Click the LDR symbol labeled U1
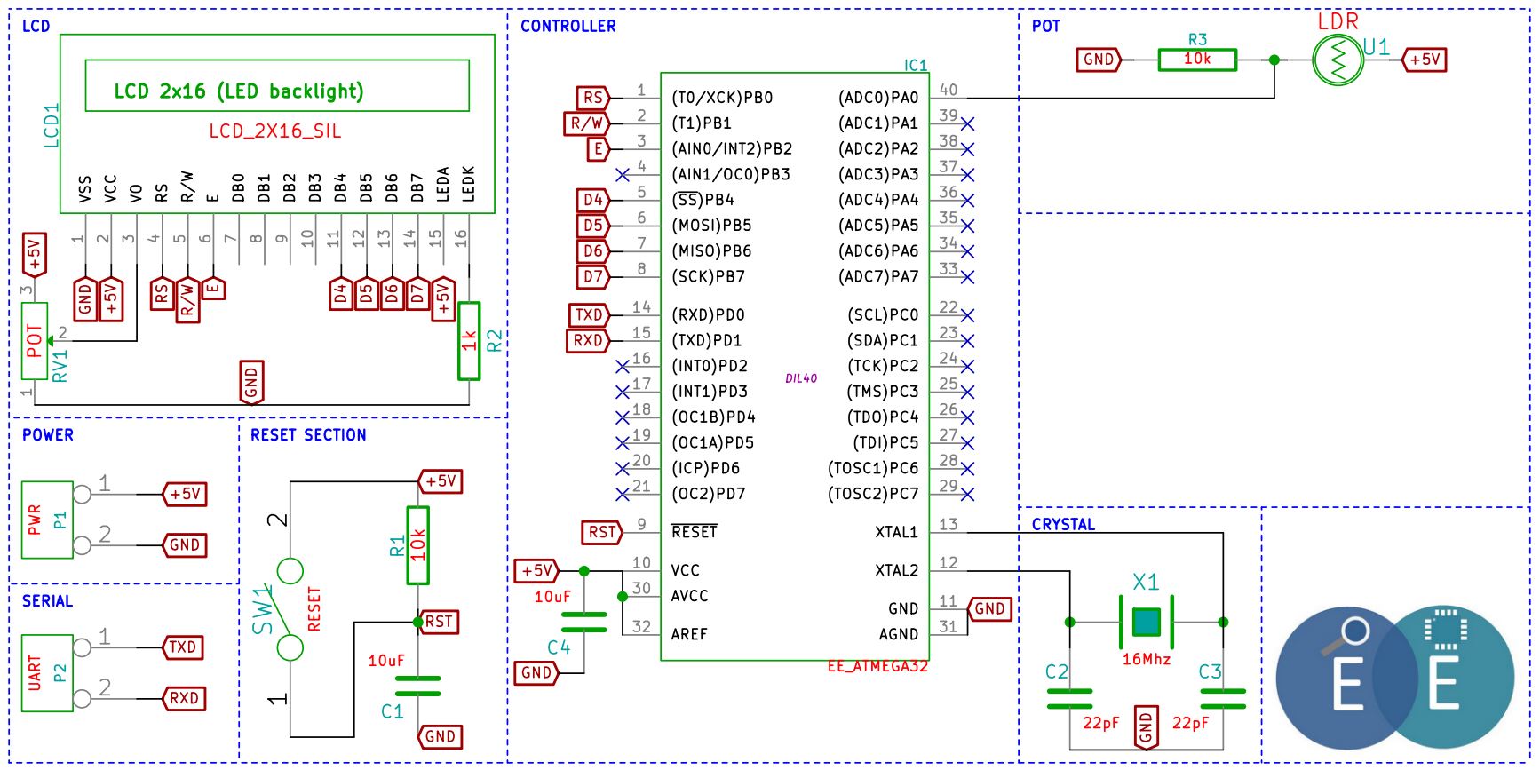pyautogui.click(x=1338, y=60)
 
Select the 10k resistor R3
pyautogui.click(x=1197, y=60)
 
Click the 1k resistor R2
pyautogui.click(x=469, y=341)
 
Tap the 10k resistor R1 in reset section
pyautogui.click(x=417, y=545)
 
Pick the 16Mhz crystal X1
pyautogui.click(x=1147, y=622)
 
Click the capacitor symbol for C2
pyautogui.click(x=1069, y=698)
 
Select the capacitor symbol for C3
pyautogui.click(x=1223, y=698)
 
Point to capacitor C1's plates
pyautogui.click(x=417, y=686)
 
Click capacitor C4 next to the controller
pyautogui.click(x=583, y=622)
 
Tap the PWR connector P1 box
pyautogui.click(x=47, y=520)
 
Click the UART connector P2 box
pyautogui.click(x=47, y=673)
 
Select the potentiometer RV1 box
pyautogui.click(x=35, y=341)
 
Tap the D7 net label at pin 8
pyautogui.click(x=594, y=276)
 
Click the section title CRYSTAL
pyautogui.click(x=1063, y=524)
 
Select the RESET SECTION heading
pyautogui.click(x=308, y=434)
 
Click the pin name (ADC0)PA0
pyautogui.click(x=878, y=98)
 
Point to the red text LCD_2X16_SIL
pyautogui.click(x=275, y=131)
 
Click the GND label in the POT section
pyautogui.click(x=1099, y=60)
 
